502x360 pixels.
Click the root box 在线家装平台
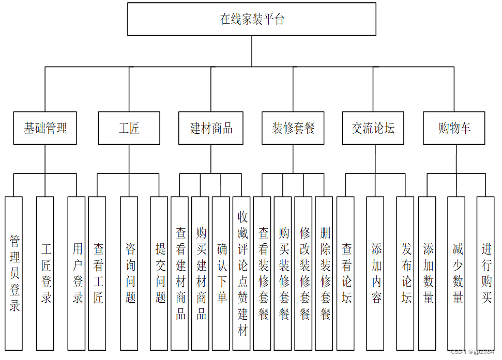252,20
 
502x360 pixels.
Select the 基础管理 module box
45,128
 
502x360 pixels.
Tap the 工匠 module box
129,128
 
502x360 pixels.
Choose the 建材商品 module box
211,128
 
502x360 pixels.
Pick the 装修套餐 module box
293,128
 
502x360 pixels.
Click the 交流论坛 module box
373,128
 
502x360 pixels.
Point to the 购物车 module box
454,128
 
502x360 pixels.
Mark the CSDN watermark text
472,352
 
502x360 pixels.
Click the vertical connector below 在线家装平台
252,51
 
